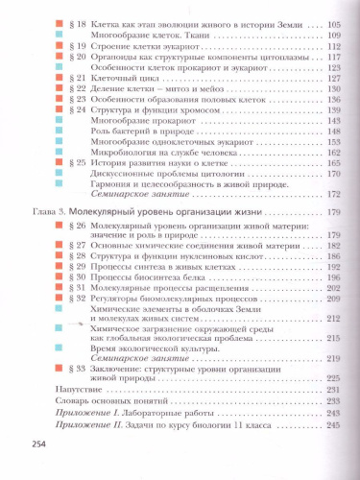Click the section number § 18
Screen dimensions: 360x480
point(72,18)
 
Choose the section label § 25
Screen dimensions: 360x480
point(72,163)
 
